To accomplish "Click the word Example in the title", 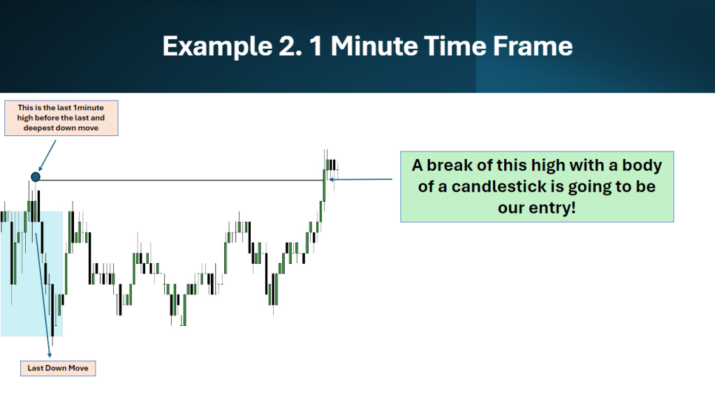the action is [217, 47].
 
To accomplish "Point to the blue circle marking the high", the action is [36, 177].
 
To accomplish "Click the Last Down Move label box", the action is [58, 368].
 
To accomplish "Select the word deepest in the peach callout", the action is [38, 128].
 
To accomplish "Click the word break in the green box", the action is [449, 165].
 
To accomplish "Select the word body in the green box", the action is [642, 165].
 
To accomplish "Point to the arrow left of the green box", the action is [361, 179].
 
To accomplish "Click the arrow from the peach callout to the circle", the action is [47, 156].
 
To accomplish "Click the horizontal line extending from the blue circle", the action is [182, 180].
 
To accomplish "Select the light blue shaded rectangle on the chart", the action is [31, 274].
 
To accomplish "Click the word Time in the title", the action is [455, 46].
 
